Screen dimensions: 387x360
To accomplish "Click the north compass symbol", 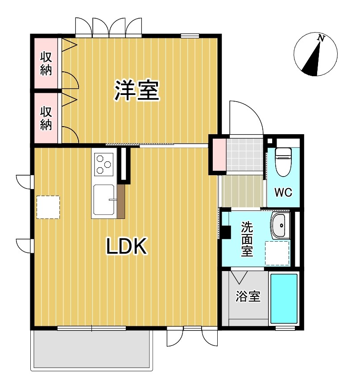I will pyautogui.click(x=315, y=55).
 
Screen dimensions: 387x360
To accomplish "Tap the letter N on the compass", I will pyautogui.click(x=320, y=39).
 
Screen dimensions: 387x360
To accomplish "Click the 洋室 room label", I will pyautogui.click(x=137, y=91).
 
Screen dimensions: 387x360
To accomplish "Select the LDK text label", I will pyautogui.click(x=127, y=247).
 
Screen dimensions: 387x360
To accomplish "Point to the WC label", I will pyautogui.click(x=283, y=193).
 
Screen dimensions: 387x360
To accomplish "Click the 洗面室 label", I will pyautogui.click(x=247, y=239).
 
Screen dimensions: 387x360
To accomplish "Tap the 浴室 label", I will pyautogui.click(x=248, y=296).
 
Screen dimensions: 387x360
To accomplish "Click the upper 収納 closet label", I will pyautogui.click(x=46, y=63).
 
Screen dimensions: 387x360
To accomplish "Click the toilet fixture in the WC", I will pyautogui.click(x=283, y=161).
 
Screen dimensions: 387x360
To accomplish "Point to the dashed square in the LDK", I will pyautogui.click(x=48, y=207).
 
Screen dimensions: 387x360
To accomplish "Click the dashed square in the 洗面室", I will pyautogui.click(x=277, y=253).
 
